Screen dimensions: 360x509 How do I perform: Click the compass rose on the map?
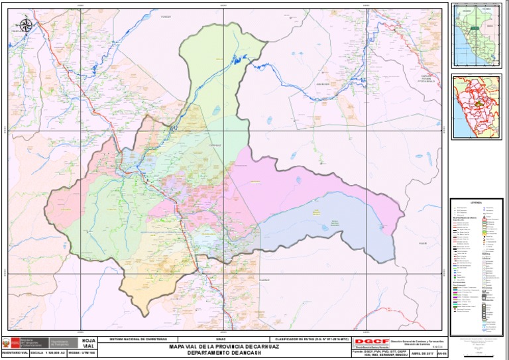(x=26, y=26)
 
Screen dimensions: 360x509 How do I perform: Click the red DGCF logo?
(x=372, y=341)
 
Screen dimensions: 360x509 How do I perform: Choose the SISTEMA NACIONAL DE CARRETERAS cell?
(x=139, y=339)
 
